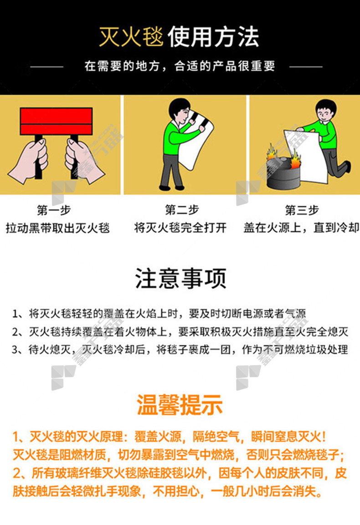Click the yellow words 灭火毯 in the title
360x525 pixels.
(131, 37)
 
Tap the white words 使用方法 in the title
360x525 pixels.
(214, 37)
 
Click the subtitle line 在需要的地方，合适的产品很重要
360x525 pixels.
(180, 66)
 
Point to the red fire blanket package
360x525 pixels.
(56, 121)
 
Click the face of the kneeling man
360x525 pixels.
(324, 114)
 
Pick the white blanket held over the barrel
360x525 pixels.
(306, 156)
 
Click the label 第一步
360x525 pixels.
(54, 210)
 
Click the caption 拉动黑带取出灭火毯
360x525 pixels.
(58, 228)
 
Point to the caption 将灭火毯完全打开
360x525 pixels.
(180, 228)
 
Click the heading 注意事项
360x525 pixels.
(180, 278)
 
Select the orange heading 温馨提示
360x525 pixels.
(180, 405)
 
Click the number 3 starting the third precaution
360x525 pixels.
(15, 350)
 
